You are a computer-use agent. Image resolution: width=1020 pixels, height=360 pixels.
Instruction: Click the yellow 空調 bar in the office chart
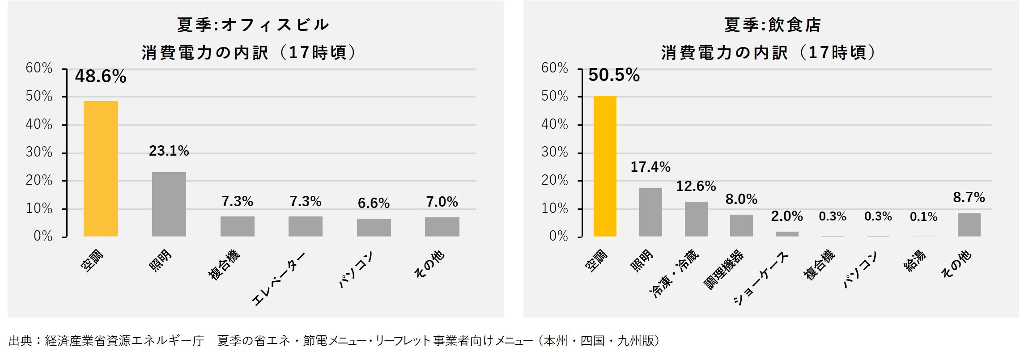[x=101, y=169]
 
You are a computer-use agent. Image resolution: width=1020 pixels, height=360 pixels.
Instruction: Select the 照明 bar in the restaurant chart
[x=650, y=212]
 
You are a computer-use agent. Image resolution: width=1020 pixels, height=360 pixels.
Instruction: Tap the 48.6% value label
[x=101, y=77]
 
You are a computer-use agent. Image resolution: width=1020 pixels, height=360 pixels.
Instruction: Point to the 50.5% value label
[x=614, y=75]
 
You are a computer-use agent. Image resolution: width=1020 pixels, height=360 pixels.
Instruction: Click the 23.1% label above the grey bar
[x=169, y=151]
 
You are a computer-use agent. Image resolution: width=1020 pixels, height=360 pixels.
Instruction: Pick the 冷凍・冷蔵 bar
[x=696, y=219]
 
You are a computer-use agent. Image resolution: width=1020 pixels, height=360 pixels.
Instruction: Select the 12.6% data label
[x=696, y=186]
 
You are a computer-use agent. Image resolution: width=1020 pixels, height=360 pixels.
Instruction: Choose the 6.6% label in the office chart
[x=374, y=203]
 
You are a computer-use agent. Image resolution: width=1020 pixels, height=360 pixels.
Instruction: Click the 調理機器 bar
[x=741, y=225]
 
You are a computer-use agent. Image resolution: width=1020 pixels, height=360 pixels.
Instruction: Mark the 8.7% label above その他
[x=969, y=197]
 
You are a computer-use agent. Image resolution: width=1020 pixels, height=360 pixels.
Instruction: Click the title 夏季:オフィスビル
[x=253, y=25]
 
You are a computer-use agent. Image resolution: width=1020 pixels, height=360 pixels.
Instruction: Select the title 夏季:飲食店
[x=773, y=25]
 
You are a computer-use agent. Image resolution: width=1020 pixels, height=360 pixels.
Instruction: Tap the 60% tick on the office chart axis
[x=39, y=68]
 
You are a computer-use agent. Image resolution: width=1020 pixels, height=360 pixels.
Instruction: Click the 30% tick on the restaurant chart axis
[x=555, y=152]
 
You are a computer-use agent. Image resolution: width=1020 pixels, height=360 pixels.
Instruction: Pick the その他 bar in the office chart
[x=442, y=227]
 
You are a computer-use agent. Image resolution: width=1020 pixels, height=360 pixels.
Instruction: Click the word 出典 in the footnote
[x=20, y=341]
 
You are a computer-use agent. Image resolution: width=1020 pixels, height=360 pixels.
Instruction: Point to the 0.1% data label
[x=923, y=217]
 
